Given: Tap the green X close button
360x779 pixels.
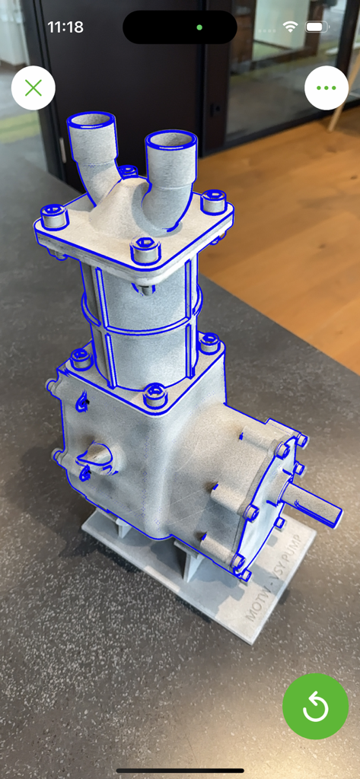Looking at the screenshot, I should coord(33,88).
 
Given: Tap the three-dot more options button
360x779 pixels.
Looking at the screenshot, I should coord(326,88).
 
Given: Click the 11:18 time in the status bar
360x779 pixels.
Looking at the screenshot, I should coord(65,27).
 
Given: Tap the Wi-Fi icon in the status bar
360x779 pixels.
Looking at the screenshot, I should coord(290,27).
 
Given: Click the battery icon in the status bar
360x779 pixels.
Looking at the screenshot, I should coord(315,27).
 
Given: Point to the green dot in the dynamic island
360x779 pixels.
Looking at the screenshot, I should coord(199,27).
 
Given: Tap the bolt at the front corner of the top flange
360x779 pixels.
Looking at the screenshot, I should coord(144,249).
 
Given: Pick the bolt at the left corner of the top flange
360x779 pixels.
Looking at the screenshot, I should coord(54,216).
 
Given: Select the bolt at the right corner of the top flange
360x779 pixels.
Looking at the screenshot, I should coord(213,202).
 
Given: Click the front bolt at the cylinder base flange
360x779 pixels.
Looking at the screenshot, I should coord(155,395).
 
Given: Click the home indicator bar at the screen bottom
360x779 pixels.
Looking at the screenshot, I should coord(180,770).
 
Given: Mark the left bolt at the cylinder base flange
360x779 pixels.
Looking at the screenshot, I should coord(80,357).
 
